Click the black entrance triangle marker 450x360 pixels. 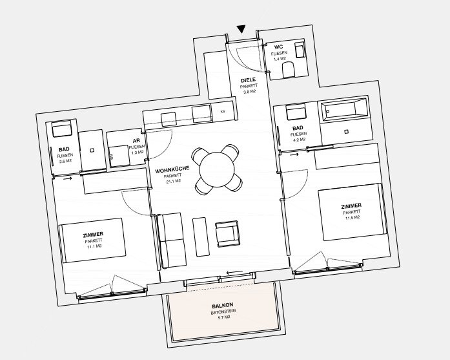tap(241, 29)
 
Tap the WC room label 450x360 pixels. tap(278, 47)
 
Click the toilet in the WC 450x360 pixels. tap(289, 70)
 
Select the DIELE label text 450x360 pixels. tap(248, 80)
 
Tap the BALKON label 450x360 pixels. tap(222, 305)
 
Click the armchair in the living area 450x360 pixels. tap(227, 234)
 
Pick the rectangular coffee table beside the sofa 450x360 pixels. tap(201, 237)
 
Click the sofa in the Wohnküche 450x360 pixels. tap(171, 241)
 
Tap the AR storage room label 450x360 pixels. tap(136, 141)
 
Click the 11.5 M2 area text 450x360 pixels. tap(353, 218)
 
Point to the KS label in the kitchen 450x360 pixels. tap(222, 112)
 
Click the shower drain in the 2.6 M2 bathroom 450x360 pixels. tap(92, 150)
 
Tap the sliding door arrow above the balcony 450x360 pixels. tap(235, 272)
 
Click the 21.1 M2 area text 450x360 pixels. tap(173, 182)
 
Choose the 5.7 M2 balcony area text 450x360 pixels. tap(223, 317)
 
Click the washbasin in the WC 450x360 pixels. tap(300, 51)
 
